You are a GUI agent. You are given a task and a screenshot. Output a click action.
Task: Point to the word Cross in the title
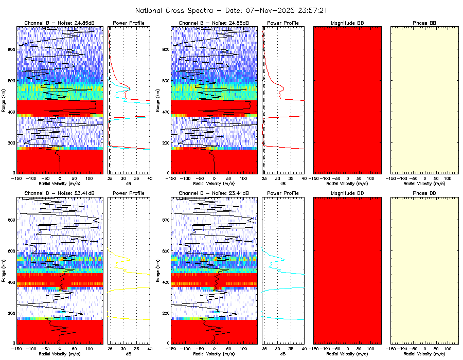point(180,10)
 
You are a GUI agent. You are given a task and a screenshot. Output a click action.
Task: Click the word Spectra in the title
point(207,10)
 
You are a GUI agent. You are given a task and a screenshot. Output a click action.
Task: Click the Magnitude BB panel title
point(347,23)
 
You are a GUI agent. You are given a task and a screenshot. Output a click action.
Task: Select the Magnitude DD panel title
point(347,193)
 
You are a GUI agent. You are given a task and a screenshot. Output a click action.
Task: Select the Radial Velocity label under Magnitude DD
point(347,354)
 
